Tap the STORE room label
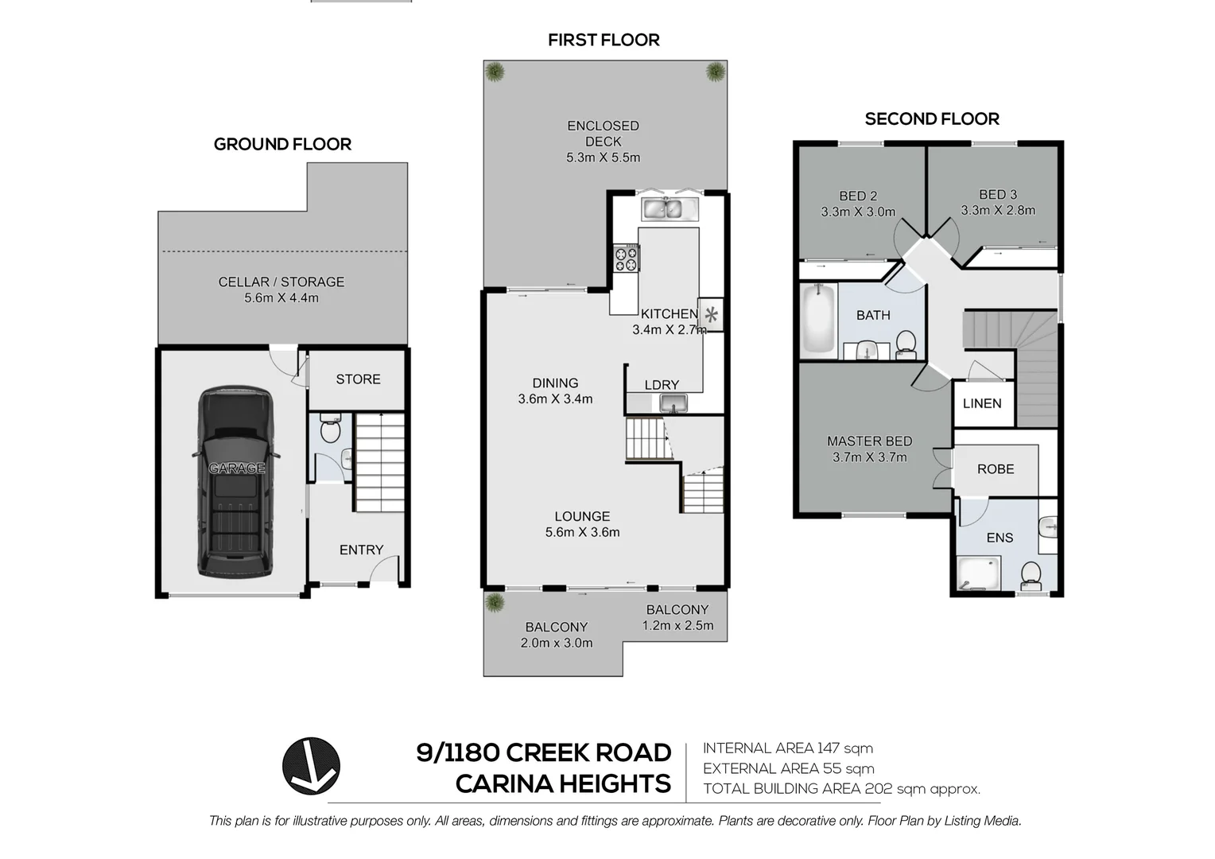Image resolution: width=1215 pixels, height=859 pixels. (358, 379)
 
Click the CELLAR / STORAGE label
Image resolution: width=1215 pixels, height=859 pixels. (281, 282)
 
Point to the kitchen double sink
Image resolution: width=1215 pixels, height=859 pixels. (662, 209)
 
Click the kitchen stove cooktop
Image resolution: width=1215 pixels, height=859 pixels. (626, 258)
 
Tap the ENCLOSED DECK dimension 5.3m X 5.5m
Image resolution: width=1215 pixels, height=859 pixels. (603, 157)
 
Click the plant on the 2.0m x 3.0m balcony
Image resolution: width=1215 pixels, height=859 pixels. (495, 602)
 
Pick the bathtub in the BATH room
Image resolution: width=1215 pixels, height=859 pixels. (818, 321)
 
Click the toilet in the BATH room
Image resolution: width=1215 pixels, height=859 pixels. (905, 343)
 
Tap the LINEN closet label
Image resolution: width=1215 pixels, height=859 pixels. (982, 403)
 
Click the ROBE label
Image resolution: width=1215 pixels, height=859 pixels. (996, 469)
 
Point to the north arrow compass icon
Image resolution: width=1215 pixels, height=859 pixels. (311, 766)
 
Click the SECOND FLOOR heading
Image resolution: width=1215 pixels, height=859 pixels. (932, 119)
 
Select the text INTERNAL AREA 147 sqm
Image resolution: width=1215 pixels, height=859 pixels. (787, 748)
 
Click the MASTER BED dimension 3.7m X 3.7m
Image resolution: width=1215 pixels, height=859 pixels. (869, 457)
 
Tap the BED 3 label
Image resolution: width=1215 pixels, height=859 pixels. (998, 195)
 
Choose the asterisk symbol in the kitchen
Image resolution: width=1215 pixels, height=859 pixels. (712, 315)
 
